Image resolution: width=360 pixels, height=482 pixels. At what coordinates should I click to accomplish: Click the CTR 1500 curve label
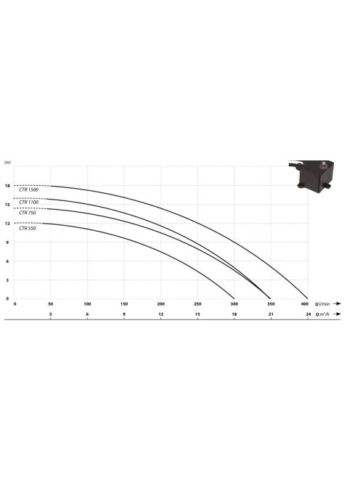tap(28, 189)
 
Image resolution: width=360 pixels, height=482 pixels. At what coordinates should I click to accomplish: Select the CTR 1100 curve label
tap(28, 203)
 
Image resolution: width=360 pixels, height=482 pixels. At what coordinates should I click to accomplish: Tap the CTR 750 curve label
tap(28, 213)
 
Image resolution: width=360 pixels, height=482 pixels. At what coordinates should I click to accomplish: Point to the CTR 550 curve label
tap(28, 229)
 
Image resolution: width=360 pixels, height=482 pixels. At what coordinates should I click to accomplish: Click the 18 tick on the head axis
tap(7, 186)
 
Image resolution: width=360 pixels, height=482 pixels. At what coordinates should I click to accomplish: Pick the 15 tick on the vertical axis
tap(7, 205)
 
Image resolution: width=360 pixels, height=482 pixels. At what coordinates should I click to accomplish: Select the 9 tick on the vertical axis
tap(7, 242)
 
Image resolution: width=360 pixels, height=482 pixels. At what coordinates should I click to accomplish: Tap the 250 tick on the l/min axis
tap(197, 304)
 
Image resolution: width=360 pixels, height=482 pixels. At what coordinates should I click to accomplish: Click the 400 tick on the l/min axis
tap(304, 304)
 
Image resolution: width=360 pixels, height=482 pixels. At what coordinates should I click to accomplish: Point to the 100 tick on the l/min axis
tap(87, 304)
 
